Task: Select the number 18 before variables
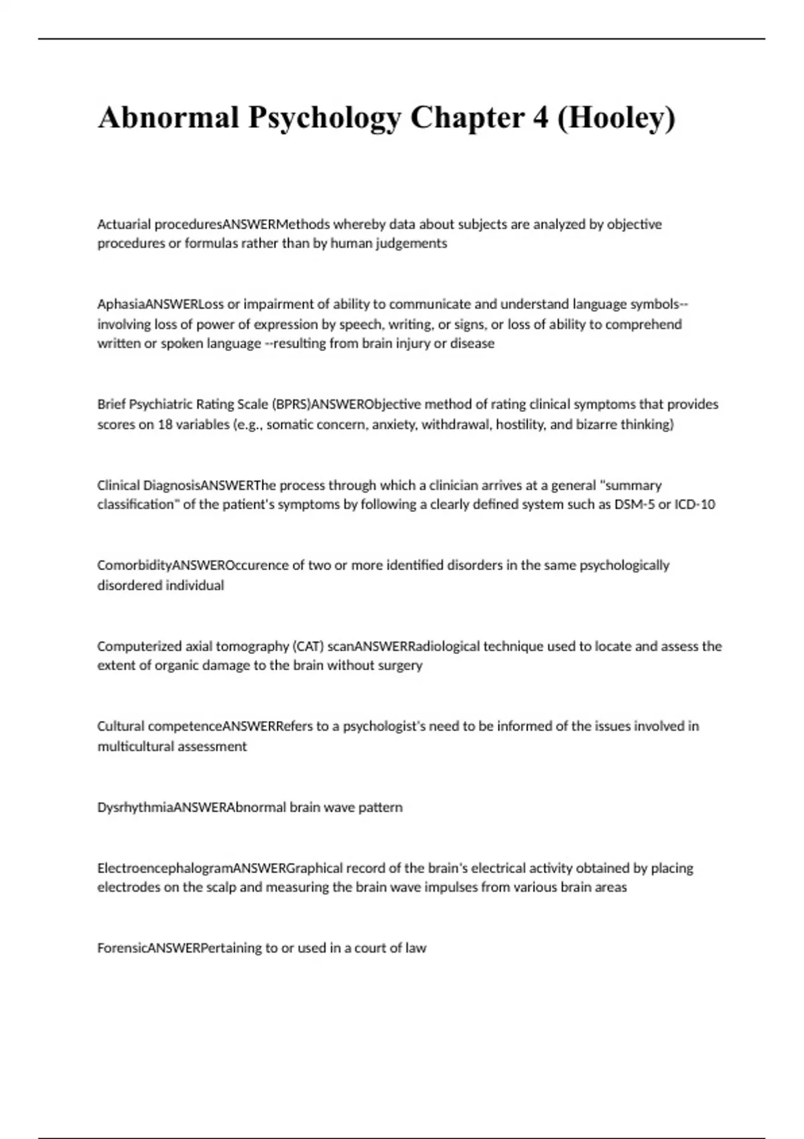165,425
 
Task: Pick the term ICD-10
695,505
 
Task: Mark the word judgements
411,244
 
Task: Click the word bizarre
596,425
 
